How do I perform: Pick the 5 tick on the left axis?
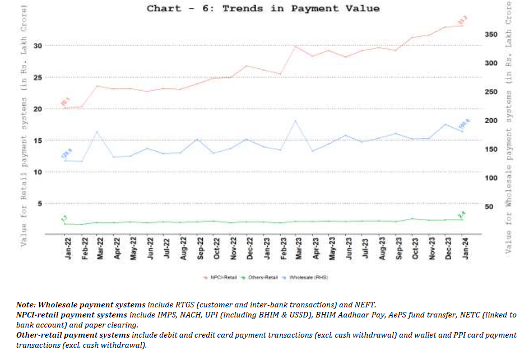54,203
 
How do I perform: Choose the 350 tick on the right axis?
490,35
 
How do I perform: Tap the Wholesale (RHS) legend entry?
314,277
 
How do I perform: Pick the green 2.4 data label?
462,214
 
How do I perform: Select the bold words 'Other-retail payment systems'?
72,335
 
